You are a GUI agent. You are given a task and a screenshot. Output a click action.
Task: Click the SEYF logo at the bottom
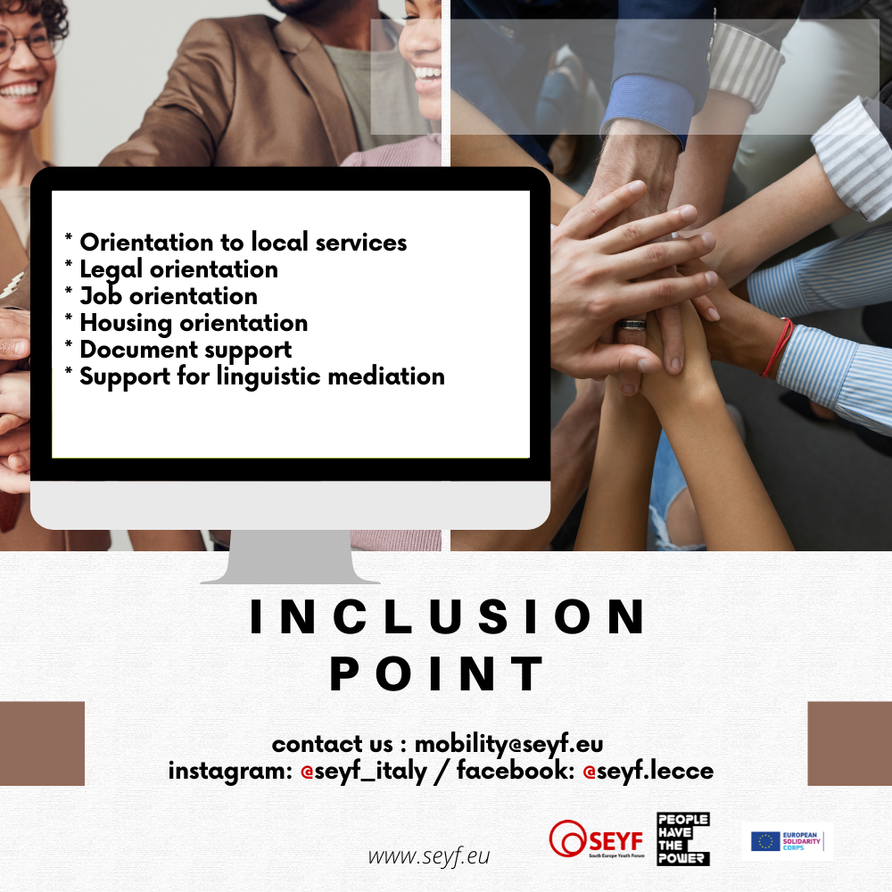click(x=597, y=838)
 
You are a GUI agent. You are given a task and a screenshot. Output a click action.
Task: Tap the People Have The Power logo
click(x=683, y=838)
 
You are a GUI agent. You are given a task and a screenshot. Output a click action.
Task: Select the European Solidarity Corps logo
click(x=787, y=841)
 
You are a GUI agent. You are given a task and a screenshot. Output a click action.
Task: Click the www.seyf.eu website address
click(x=429, y=855)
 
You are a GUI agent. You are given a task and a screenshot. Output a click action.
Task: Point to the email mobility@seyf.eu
click(x=508, y=744)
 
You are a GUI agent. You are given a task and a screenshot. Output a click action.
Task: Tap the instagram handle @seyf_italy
click(x=364, y=772)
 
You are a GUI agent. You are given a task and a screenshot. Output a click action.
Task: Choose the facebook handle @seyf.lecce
click(x=648, y=771)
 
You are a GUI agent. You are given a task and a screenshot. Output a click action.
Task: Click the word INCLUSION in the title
click(x=448, y=616)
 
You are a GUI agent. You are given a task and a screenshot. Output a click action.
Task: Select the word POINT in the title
click(x=437, y=673)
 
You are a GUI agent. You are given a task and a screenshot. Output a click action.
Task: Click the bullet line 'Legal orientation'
click(x=178, y=269)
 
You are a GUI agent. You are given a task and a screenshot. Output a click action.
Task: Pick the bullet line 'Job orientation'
click(x=169, y=296)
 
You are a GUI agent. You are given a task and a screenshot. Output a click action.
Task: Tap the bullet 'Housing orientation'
click(x=194, y=323)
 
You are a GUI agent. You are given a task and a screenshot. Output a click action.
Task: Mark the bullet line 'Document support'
click(x=186, y=350)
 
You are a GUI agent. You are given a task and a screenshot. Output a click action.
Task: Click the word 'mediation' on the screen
click(x=386, y=376)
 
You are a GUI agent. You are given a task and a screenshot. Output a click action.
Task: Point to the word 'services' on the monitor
click(x=361, y=243)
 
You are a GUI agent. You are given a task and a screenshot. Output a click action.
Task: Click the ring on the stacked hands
click(x=632, y=325)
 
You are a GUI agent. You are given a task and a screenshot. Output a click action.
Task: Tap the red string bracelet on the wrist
click(x=778, y=346)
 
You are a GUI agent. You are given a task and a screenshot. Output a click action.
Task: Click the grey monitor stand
click(x=290, y=557)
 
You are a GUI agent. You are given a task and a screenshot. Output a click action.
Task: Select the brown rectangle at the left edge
click(x=42, y=744)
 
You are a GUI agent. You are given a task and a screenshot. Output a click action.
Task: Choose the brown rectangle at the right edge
click(x=850, y=744)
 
